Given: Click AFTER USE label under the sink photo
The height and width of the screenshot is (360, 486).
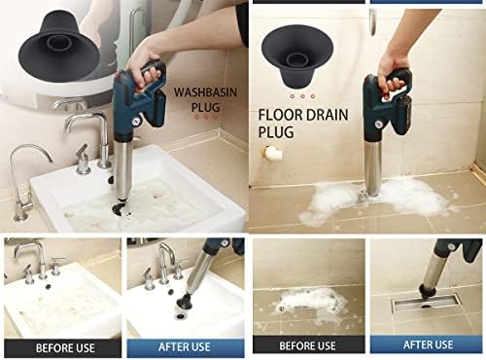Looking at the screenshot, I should [185, 345].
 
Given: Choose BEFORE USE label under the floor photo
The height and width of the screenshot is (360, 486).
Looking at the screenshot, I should [307, 345].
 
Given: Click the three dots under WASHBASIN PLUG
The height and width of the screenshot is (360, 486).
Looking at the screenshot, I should [206, 119].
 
